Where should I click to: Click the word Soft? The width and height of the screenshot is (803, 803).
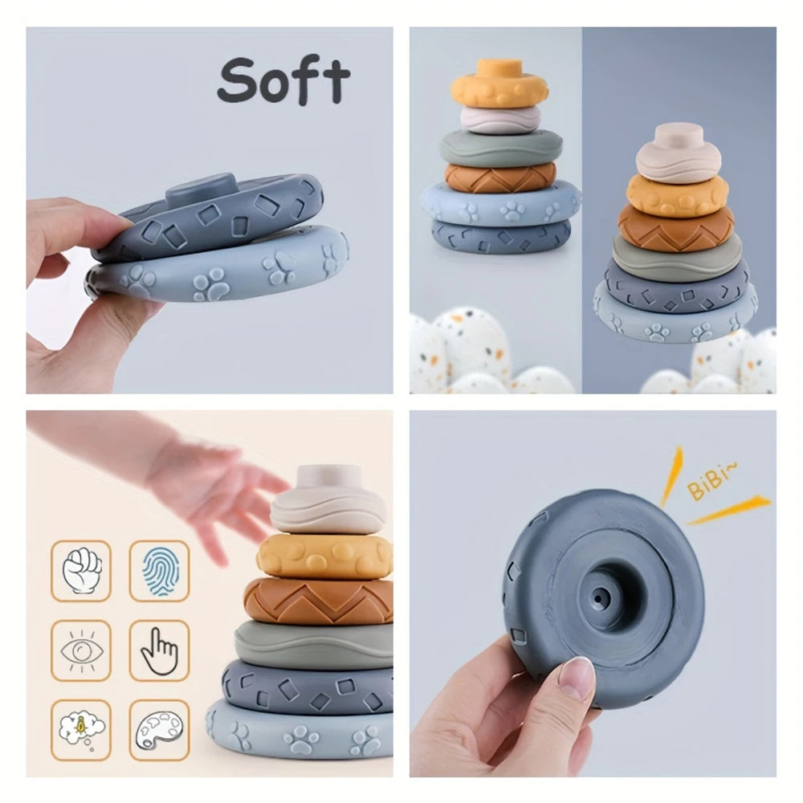[x=283, y=80]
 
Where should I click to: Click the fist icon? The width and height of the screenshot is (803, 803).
[x=81, y=570]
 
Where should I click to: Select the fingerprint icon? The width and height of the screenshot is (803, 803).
[x=159, y=570]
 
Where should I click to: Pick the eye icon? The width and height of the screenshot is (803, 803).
[x=81, y=650]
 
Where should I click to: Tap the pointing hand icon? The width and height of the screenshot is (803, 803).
[x=159, y=650]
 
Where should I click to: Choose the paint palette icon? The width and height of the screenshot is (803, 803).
[x=159, y=729]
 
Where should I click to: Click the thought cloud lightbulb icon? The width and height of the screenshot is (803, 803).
[x=81, y=729]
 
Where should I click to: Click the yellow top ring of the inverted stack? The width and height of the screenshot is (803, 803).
[x=499, y=86]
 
